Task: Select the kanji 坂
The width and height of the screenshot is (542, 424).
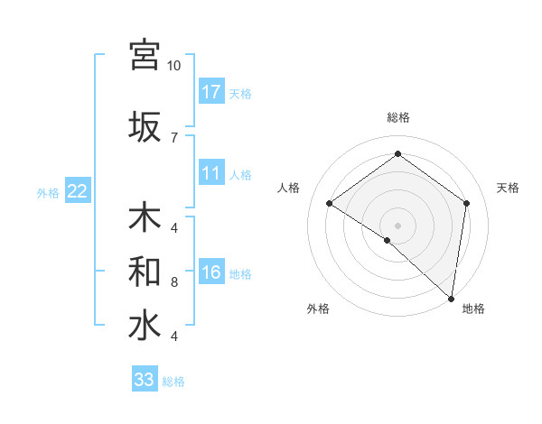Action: point(145,125)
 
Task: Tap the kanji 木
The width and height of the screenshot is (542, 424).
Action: point(145,219)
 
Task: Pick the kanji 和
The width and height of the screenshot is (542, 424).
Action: point(145,271)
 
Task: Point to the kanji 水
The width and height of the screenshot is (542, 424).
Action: point(145,326)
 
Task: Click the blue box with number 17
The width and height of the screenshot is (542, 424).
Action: point(211,92)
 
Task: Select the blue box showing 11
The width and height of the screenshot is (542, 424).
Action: point(211,173)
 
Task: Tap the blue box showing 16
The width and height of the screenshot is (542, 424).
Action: point(211,273)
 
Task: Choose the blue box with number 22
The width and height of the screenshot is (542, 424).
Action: point(78,190)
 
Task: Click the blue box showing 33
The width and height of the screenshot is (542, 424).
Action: point(145,380)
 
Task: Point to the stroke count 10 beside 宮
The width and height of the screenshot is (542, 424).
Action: point(174,66)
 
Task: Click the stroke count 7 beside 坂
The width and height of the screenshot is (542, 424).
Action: point(174,137)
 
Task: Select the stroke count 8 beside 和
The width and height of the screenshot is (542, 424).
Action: point(174,282)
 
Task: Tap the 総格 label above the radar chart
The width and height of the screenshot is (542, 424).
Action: point(397,117)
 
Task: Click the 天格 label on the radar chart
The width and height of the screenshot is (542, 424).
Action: point(508,188)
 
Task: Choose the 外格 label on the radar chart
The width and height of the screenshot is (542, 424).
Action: point(318,309)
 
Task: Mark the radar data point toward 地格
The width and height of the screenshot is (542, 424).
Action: point(451,298)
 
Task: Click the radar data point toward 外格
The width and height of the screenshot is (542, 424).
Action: point(388,240)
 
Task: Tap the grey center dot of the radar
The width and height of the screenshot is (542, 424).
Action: point(397,225)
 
